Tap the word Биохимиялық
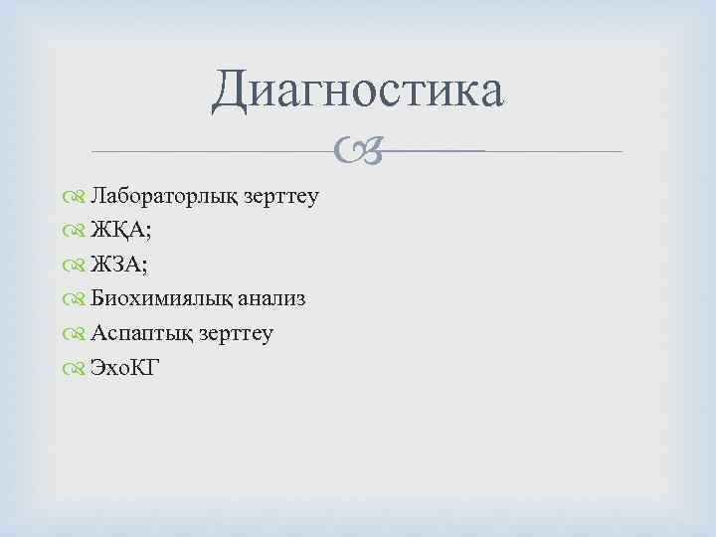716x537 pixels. tap(154, 299)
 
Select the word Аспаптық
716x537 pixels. tap(133, 334)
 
